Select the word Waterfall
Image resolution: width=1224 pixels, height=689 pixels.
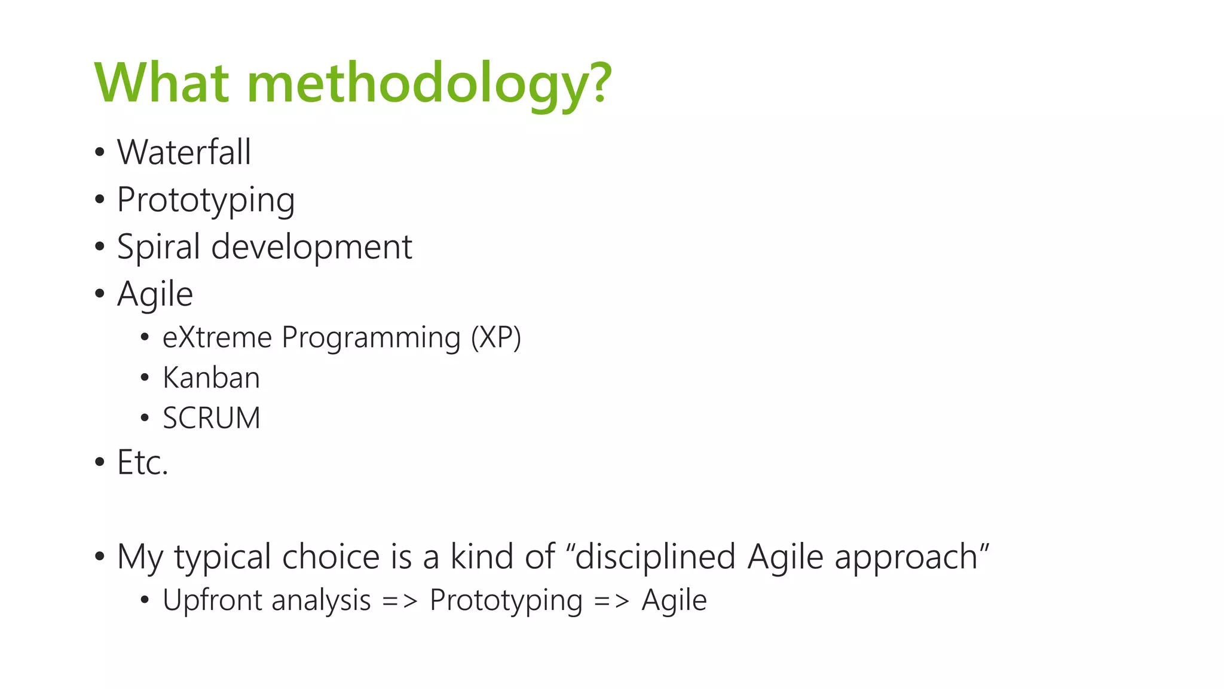(183, 152)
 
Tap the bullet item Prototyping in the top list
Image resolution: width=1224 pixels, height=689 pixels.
(206, 200)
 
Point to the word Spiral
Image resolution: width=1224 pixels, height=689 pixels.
(158, 247)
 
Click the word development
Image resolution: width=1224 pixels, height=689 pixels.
(311, 246)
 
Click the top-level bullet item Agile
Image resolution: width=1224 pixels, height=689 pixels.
(155, 294)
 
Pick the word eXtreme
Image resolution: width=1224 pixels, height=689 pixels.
(217, 337)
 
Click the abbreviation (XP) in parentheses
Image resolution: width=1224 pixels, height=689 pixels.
(495, 337)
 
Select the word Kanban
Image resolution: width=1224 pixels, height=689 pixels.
(211, 378)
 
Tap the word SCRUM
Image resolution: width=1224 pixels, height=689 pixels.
(212, 418)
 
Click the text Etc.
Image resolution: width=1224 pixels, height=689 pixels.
(142, 462)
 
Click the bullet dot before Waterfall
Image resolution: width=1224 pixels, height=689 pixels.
(99, 153)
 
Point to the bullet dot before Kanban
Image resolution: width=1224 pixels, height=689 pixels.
(144, 378)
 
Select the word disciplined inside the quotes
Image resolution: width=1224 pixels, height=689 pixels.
(654, 557)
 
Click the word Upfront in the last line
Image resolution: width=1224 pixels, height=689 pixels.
(212, 600)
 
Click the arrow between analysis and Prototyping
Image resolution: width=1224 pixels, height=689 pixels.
(400, 600)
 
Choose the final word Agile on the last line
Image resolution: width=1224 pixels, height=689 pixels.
(674, 600)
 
